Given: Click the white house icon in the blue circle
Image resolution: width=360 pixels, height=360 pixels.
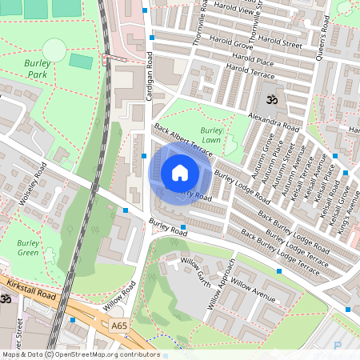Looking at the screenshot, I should click(x=180, y=173).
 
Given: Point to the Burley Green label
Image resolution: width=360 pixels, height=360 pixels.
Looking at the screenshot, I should click(x=28, y=248).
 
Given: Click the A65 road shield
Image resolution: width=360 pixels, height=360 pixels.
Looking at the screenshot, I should click(x=119, y=326).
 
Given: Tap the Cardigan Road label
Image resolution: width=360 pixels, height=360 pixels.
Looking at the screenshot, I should click(x=149, y=80).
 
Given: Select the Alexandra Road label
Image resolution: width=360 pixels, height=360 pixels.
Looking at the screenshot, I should click(x=273, y=122).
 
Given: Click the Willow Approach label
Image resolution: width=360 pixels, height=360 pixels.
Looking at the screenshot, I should click(x=222, y=284).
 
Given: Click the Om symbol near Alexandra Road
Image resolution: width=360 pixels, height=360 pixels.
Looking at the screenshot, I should click(x=269, y=101).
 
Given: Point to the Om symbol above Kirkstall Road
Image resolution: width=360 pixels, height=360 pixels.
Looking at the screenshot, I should click(x=5, y=298).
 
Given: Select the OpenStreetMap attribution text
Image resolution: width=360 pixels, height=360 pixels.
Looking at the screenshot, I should click(x=81, y=354).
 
